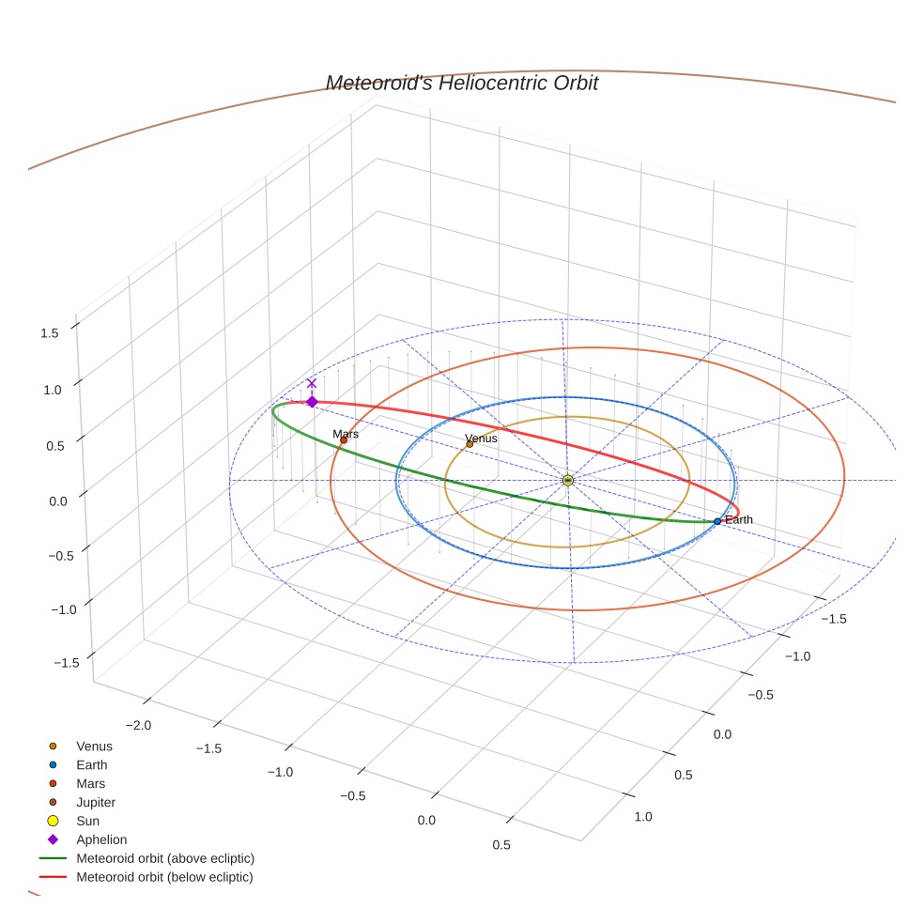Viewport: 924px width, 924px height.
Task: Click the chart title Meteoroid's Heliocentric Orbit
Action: coord(461,84)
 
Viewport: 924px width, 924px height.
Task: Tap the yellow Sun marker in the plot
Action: coord(568,480)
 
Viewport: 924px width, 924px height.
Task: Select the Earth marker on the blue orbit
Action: coord(717,521)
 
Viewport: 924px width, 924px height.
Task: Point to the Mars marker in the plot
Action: coord(344,439)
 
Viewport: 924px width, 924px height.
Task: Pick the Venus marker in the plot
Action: coord(470,444)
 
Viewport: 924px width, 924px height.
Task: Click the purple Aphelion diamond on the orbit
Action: coord(312,402)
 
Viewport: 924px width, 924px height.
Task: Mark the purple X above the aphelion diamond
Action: coord(312,383)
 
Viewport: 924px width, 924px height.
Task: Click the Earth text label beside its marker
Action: coord(739,520)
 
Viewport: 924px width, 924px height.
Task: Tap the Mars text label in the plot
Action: coord(346,434)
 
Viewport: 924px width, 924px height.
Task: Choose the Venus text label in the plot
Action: coord(482,439)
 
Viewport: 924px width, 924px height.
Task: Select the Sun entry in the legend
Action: coord(87,821)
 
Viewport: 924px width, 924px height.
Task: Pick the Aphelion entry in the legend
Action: coord(101,839)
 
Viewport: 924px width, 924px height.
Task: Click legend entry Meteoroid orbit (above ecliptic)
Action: coord(165,858)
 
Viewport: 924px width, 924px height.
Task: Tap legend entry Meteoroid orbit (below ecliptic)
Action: coord(165,877)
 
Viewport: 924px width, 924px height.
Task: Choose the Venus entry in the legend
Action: coord(94,747)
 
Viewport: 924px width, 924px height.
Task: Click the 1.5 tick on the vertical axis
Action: coord(51,332)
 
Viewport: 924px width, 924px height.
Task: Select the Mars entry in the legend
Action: coord(90,783)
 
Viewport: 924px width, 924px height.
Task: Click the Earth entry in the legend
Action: coord(92,765)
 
